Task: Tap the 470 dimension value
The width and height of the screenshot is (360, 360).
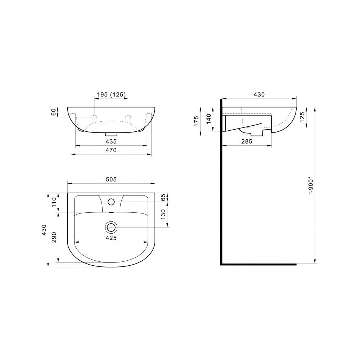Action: click(x=111, y=150)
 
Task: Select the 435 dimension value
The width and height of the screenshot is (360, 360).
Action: click(x=111, y=141)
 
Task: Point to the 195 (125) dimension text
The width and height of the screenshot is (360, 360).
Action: click(x=111, y=94)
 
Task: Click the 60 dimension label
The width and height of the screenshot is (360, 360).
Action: click(x=53, y=112)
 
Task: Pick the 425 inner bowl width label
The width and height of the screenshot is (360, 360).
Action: click(x=111, y=238)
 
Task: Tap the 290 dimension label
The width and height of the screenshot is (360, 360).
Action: click(x=54, y=237)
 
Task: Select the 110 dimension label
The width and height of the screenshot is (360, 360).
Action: click(x=54, y=202)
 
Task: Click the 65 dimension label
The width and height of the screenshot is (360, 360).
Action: click(x=163, y=197)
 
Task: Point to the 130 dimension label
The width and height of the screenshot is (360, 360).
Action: click(x=163, y=214)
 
